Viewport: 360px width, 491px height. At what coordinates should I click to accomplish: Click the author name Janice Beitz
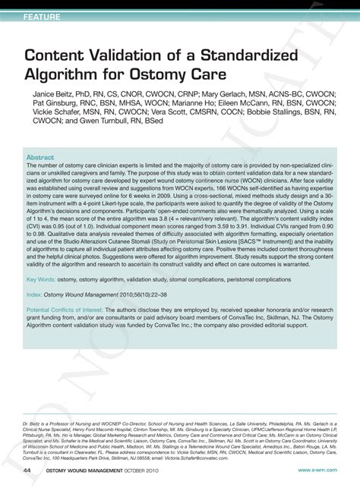click(53, 95)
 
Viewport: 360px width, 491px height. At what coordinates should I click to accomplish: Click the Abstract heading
click(40, 158)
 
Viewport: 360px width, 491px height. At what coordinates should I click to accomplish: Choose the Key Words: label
click(40, 279)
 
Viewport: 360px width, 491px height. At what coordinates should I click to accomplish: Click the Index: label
click(34, 294)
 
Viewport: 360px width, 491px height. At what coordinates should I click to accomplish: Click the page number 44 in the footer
click(27, 470)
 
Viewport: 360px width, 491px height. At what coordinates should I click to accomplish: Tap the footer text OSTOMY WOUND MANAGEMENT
click(90, 470)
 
